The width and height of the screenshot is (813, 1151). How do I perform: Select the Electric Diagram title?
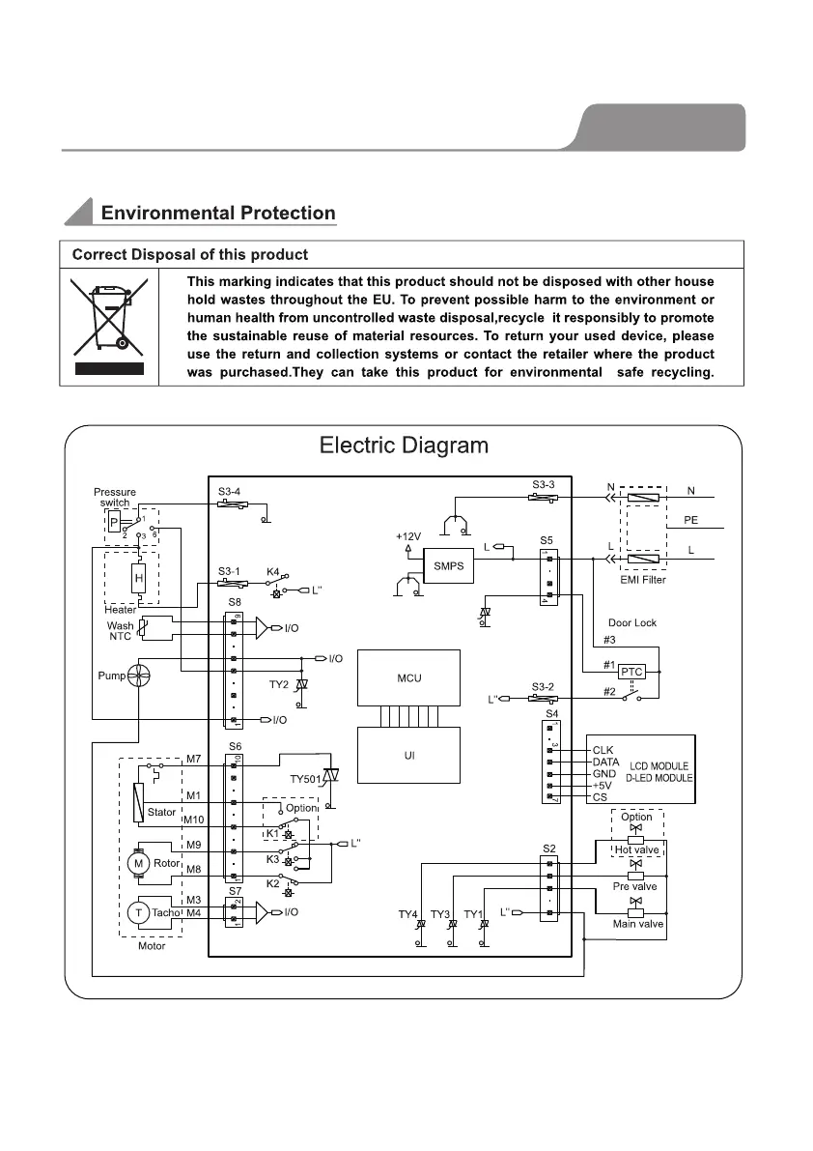pyautogui.click(x=404, y=446)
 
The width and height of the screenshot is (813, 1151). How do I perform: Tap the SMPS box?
pyautogui.click(x=449, y=566)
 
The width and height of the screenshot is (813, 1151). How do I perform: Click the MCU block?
pyautogui.click(x=408, y=678)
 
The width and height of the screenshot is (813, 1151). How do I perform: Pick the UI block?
pyautogui.click(x=408, y=755)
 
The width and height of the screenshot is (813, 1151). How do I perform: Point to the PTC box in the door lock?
pyautogui.click(x=631, y=671)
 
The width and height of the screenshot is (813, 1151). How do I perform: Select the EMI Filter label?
pyautogui.click(x=642, y=580)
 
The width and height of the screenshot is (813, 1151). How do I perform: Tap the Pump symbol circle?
pyautogui.click(x=139, y=676)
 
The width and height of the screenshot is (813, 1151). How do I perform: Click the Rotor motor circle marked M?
pyautogui.click(x=139, y=862)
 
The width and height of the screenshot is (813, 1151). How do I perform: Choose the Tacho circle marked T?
pyautogui.click(x=139, y=911)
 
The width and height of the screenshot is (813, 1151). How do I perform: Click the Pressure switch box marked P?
pyautogui.click(x=116, y=523)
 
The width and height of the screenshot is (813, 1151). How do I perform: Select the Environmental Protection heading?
pyautogui.click(x=218, y=214)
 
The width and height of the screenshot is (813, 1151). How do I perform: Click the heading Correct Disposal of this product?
pyautogui.click(x=190, y=255)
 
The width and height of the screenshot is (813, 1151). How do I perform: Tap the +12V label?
pyautogui.click(x=408, y=535)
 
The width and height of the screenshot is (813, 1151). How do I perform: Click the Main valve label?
pyautogui.click(x=638, y=924)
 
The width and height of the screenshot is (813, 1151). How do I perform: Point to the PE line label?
pyautogui.click(x=690, y=519)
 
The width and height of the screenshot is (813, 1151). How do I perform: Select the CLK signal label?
pyautogui.click(x=603, y=749)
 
